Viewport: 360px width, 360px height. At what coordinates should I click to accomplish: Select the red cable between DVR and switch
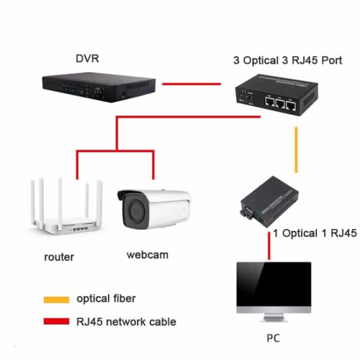[191, 83]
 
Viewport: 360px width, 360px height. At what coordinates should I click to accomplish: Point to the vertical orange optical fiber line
[296, 150]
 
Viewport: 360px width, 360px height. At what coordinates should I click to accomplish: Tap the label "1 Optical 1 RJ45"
[315, 233]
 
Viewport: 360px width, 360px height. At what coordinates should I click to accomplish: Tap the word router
[59, 257]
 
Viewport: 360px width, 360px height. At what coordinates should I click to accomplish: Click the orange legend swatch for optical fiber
[56, 299]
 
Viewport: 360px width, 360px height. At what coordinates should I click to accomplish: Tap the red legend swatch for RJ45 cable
[56, 322]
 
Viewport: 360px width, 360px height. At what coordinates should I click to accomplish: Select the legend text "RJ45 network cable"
[126, 322]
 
